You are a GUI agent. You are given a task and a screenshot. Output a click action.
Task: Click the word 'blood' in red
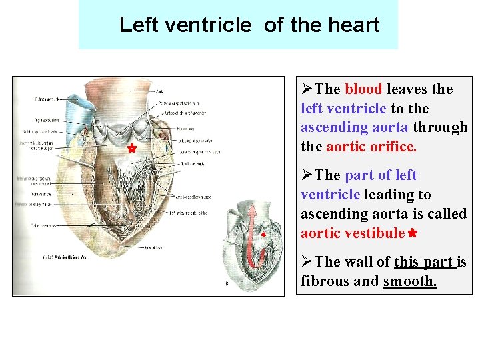[363, 89]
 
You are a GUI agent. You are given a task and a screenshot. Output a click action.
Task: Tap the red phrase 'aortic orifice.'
[371, 147]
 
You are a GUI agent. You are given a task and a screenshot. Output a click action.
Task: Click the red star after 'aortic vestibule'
[413, 233]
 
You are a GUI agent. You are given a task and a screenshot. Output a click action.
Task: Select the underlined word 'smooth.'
[410, 281]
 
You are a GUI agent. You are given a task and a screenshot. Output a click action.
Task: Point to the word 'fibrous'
[325, 281]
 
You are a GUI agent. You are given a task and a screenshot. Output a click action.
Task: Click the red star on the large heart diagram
[131, 148]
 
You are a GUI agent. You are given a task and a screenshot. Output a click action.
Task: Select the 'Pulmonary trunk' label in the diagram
[47, 99]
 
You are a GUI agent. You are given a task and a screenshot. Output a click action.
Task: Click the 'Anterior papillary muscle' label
[193, 196]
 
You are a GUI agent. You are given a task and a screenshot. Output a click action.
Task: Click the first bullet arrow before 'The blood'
[307, 89]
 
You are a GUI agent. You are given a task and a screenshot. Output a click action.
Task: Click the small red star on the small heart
[263, 235]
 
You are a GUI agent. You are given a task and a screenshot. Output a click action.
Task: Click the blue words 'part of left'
[381, 175]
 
